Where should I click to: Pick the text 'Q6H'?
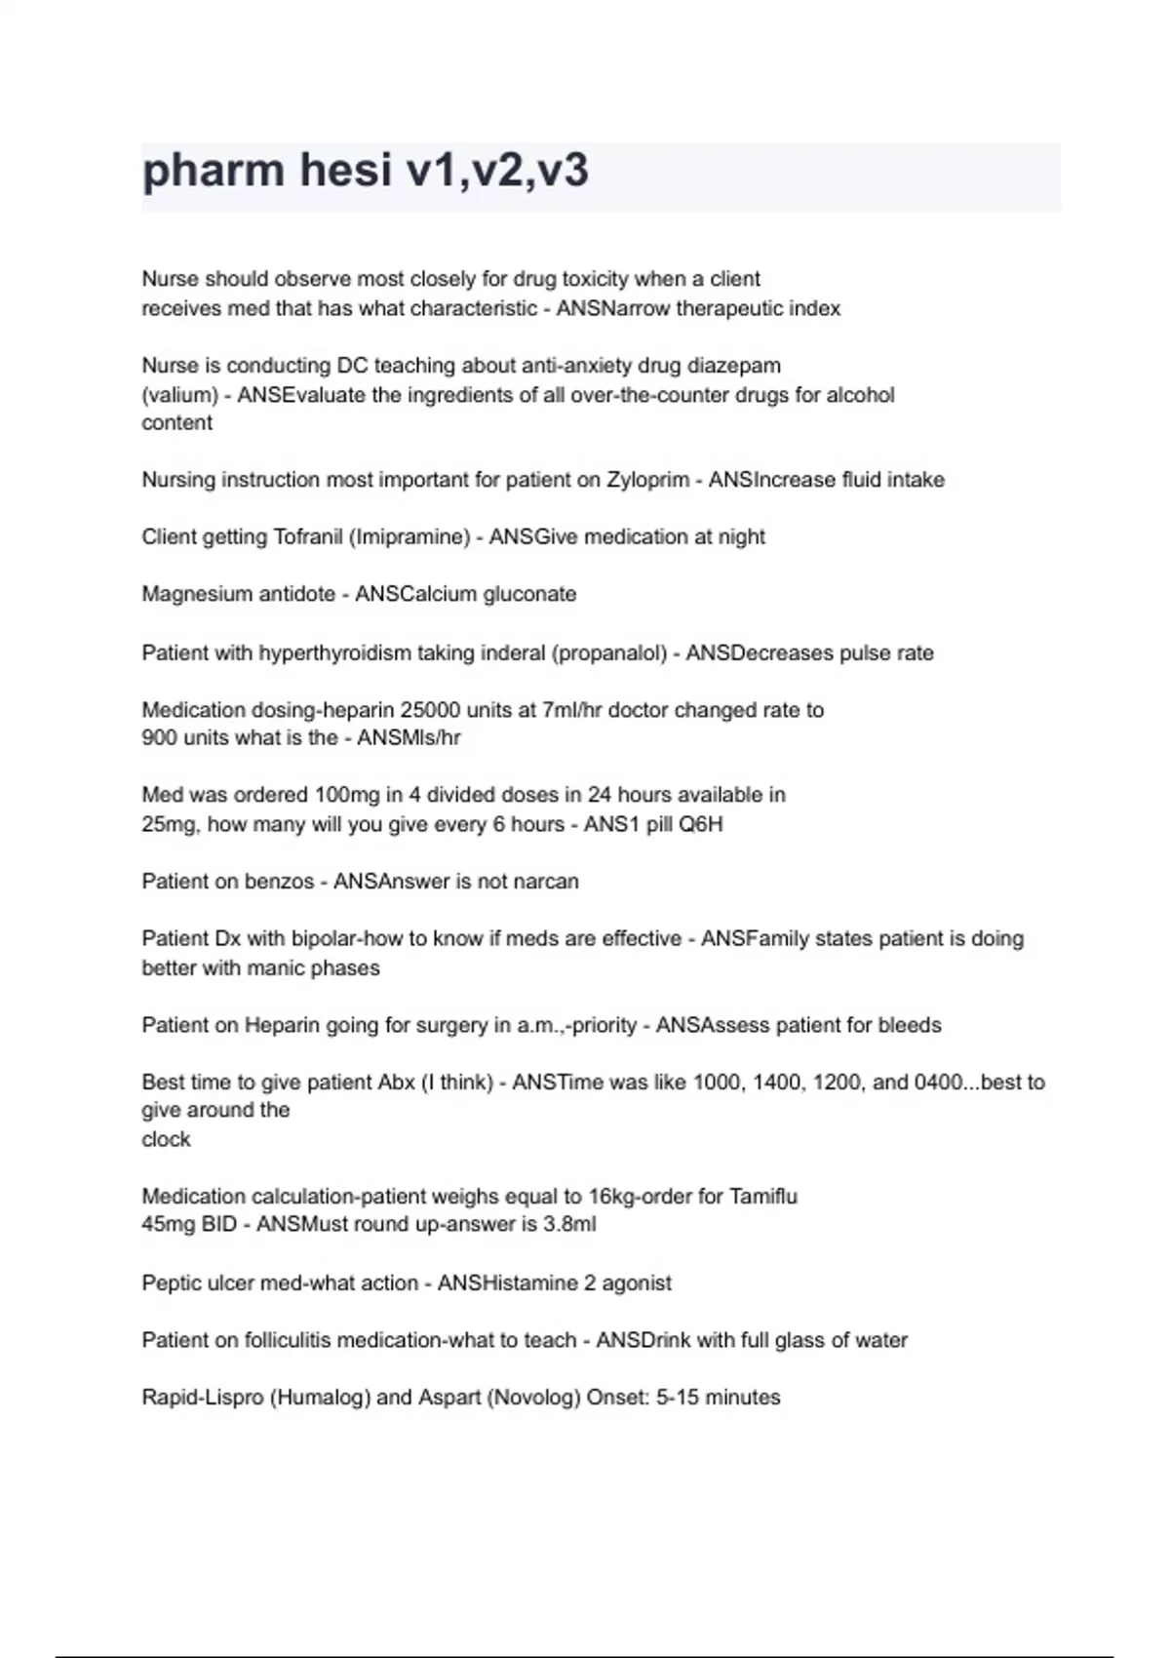tap(701, 824)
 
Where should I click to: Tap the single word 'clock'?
tap(166, 1139)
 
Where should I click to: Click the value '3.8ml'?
tap(569, 1225)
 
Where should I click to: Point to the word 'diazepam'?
tap(734, 366)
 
